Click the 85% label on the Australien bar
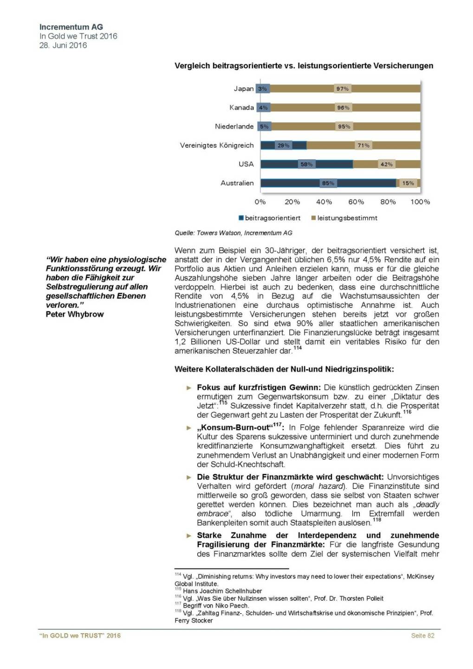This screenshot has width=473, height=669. point(328,184)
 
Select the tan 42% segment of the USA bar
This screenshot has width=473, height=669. point(386,164)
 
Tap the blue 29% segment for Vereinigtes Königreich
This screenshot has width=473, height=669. point(283,145)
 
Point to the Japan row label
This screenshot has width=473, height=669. point(244,89)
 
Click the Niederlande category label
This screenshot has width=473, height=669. point(234,126)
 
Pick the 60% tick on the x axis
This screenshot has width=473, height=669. point(356,202)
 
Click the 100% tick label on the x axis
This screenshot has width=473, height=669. point(420,202)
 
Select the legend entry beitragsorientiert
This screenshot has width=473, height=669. point(270,218)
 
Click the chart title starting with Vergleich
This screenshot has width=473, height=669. point(304,66)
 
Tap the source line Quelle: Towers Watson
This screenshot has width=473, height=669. point(233,233)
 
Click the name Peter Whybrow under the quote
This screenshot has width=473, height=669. point(75,315)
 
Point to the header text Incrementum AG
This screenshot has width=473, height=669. point(71,27)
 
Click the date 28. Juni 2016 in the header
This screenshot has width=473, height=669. point(63,46)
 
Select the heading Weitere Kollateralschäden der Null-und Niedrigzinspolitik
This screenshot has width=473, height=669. point(284,369)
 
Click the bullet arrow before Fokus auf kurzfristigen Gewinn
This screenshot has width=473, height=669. point(189,387)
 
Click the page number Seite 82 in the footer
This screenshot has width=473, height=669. point(422,636)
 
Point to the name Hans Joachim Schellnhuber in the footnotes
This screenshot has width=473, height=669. point(222,591)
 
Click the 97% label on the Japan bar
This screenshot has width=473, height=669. point(343,89)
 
